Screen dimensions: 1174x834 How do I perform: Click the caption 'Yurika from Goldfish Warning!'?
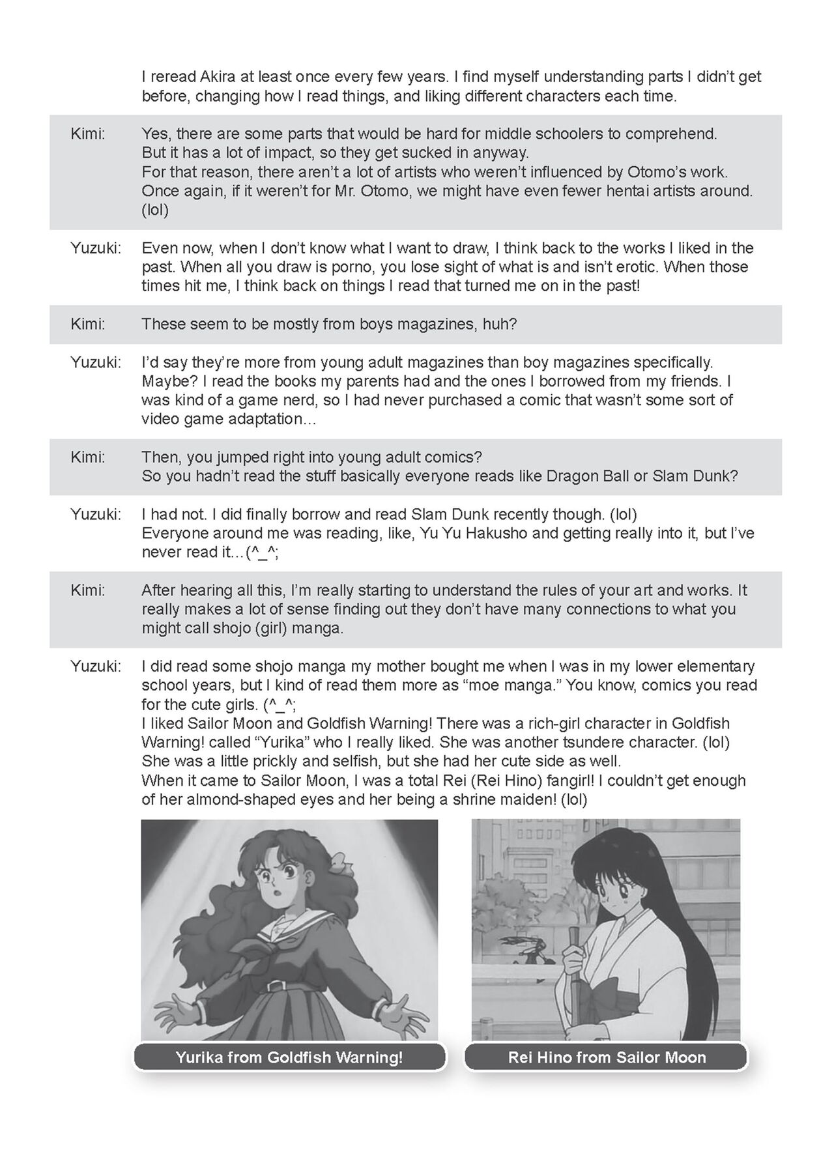289,1057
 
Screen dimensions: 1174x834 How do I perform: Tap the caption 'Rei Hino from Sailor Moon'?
607,1057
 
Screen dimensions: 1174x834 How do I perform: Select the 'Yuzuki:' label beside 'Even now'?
96,248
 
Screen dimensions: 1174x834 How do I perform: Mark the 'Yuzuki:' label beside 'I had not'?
96,514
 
